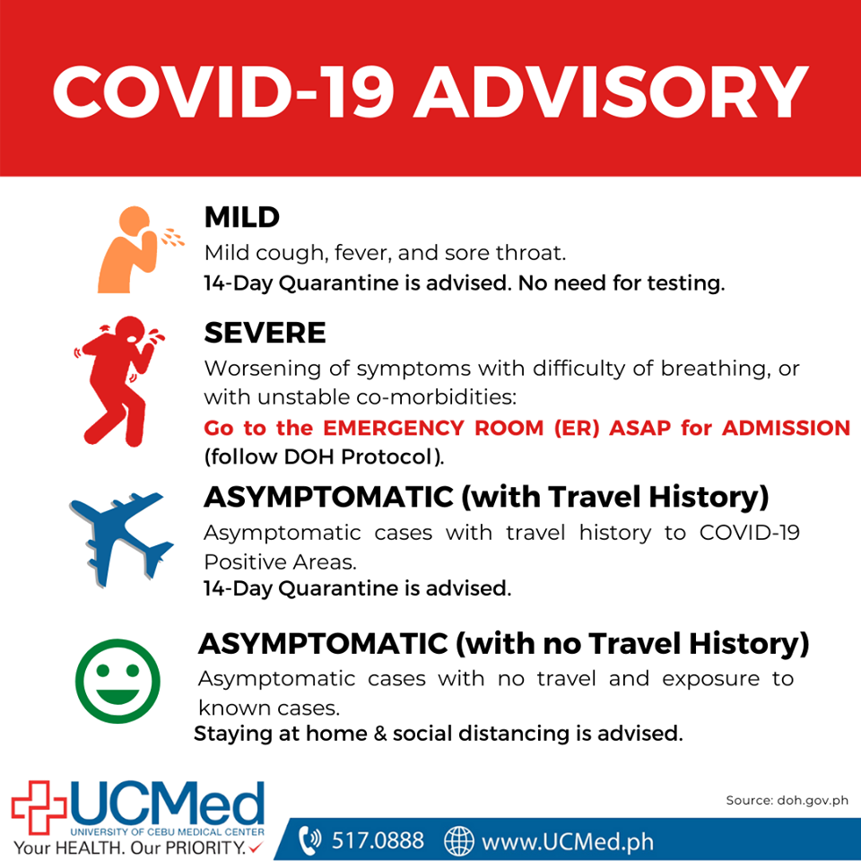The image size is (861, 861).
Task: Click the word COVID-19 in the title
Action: [x=223, y=91]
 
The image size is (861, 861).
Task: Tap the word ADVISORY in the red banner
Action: [x=611, y=91]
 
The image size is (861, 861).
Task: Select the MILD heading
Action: [x=241, y=217]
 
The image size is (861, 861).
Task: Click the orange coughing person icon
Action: [x=141, y=249]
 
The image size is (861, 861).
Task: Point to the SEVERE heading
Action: [x=265, y=333]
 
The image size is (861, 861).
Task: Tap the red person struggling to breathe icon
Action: [x=118, y=381]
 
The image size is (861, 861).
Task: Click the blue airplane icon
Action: [x=121, y=539]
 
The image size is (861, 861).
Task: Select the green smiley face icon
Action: [x=117, y=681]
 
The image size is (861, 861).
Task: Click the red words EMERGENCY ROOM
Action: [x=433, y=428]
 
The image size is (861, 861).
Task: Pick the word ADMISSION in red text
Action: [x=787, y=428]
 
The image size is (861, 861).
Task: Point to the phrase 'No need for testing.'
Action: [x=622, y=283]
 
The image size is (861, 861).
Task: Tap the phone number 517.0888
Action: [x=378, y=840]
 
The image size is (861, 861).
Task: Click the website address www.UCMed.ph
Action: [x=568, y=842]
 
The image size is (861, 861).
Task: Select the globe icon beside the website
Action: [x=458, y=840]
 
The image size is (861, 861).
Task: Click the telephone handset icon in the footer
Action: [x=310, y=840]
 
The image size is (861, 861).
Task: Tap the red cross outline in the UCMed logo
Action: [x=39, y=807]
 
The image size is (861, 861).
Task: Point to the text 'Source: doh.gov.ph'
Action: [x=787, y=800]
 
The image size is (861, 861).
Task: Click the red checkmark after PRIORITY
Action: [x=256, y=847]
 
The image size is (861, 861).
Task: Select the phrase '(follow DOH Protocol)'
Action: [x=324, y=457]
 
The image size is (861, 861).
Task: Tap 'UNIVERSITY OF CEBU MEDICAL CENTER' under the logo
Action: [x=168, y=832]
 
